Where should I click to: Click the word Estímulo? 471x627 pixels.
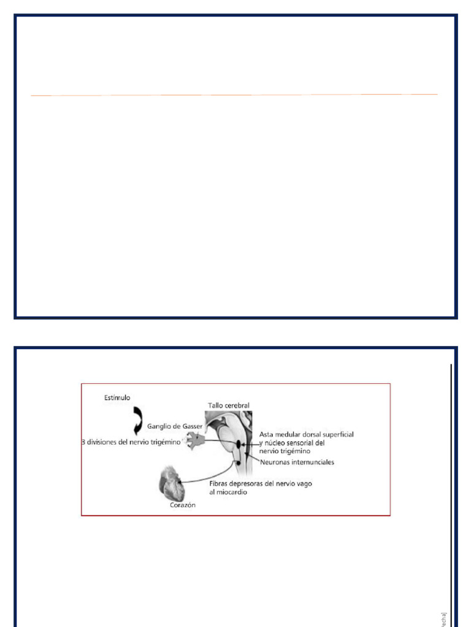(x=117, y=398)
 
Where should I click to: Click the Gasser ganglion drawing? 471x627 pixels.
(x=196, y=439)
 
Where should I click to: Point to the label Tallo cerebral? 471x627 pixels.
(x=228, y=405)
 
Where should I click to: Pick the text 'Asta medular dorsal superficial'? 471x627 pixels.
(x=306, y=434)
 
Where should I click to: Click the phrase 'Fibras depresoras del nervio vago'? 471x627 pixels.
(x=261, y=484)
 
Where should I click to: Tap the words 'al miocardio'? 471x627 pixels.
(x=228, y=492)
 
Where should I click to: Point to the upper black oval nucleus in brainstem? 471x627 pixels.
(x=239, y=442)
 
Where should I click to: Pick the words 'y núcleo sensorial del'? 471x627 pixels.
(x=291, y=442)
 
